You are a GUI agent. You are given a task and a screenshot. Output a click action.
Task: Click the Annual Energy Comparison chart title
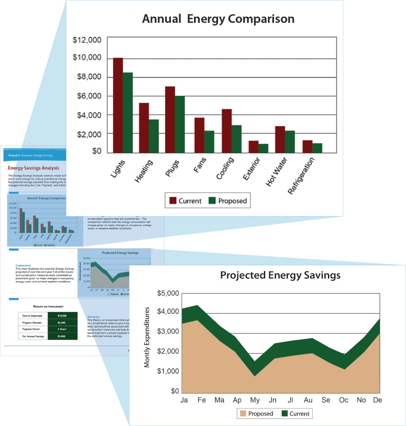(218, 19)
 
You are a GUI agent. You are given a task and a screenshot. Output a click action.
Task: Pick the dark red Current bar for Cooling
(226, 130)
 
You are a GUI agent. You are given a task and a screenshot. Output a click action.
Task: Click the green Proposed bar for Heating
(154, 136)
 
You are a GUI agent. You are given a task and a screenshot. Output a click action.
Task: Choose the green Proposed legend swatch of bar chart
(212, 200)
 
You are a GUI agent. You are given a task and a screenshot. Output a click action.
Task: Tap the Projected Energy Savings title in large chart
(280, 275)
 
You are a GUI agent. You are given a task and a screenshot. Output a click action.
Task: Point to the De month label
(378, 400)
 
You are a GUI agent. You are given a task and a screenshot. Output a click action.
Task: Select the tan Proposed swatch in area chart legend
(244, 413)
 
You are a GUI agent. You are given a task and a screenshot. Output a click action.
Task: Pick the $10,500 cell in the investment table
(62, 315)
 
